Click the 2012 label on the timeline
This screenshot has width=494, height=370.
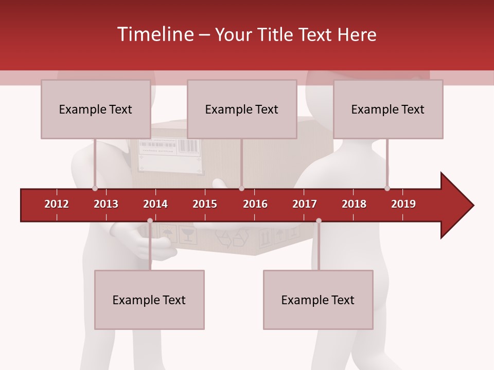(57, 204)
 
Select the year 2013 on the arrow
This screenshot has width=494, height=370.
(106, 204)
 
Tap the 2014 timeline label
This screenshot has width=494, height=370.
(155, 204)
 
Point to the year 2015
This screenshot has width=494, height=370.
(205, 204)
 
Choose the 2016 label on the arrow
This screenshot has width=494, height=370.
(255, 204)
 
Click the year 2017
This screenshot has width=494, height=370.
(305, 204)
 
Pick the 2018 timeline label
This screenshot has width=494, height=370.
(354, 204)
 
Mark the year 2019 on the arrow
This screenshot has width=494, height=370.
(403, 204)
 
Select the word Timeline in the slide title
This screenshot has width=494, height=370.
(154, 34)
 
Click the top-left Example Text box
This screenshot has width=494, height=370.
(96, 109)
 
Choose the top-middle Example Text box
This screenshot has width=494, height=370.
(242, 109)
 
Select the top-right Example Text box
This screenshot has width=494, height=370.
(388, 109)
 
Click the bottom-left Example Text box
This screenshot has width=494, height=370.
(149, 300)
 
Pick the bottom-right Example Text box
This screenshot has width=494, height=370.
(318, 300)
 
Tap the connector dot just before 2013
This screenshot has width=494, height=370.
(95, 189)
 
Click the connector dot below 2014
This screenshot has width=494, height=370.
(150, 220)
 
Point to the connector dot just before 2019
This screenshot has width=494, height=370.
(387, 189)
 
